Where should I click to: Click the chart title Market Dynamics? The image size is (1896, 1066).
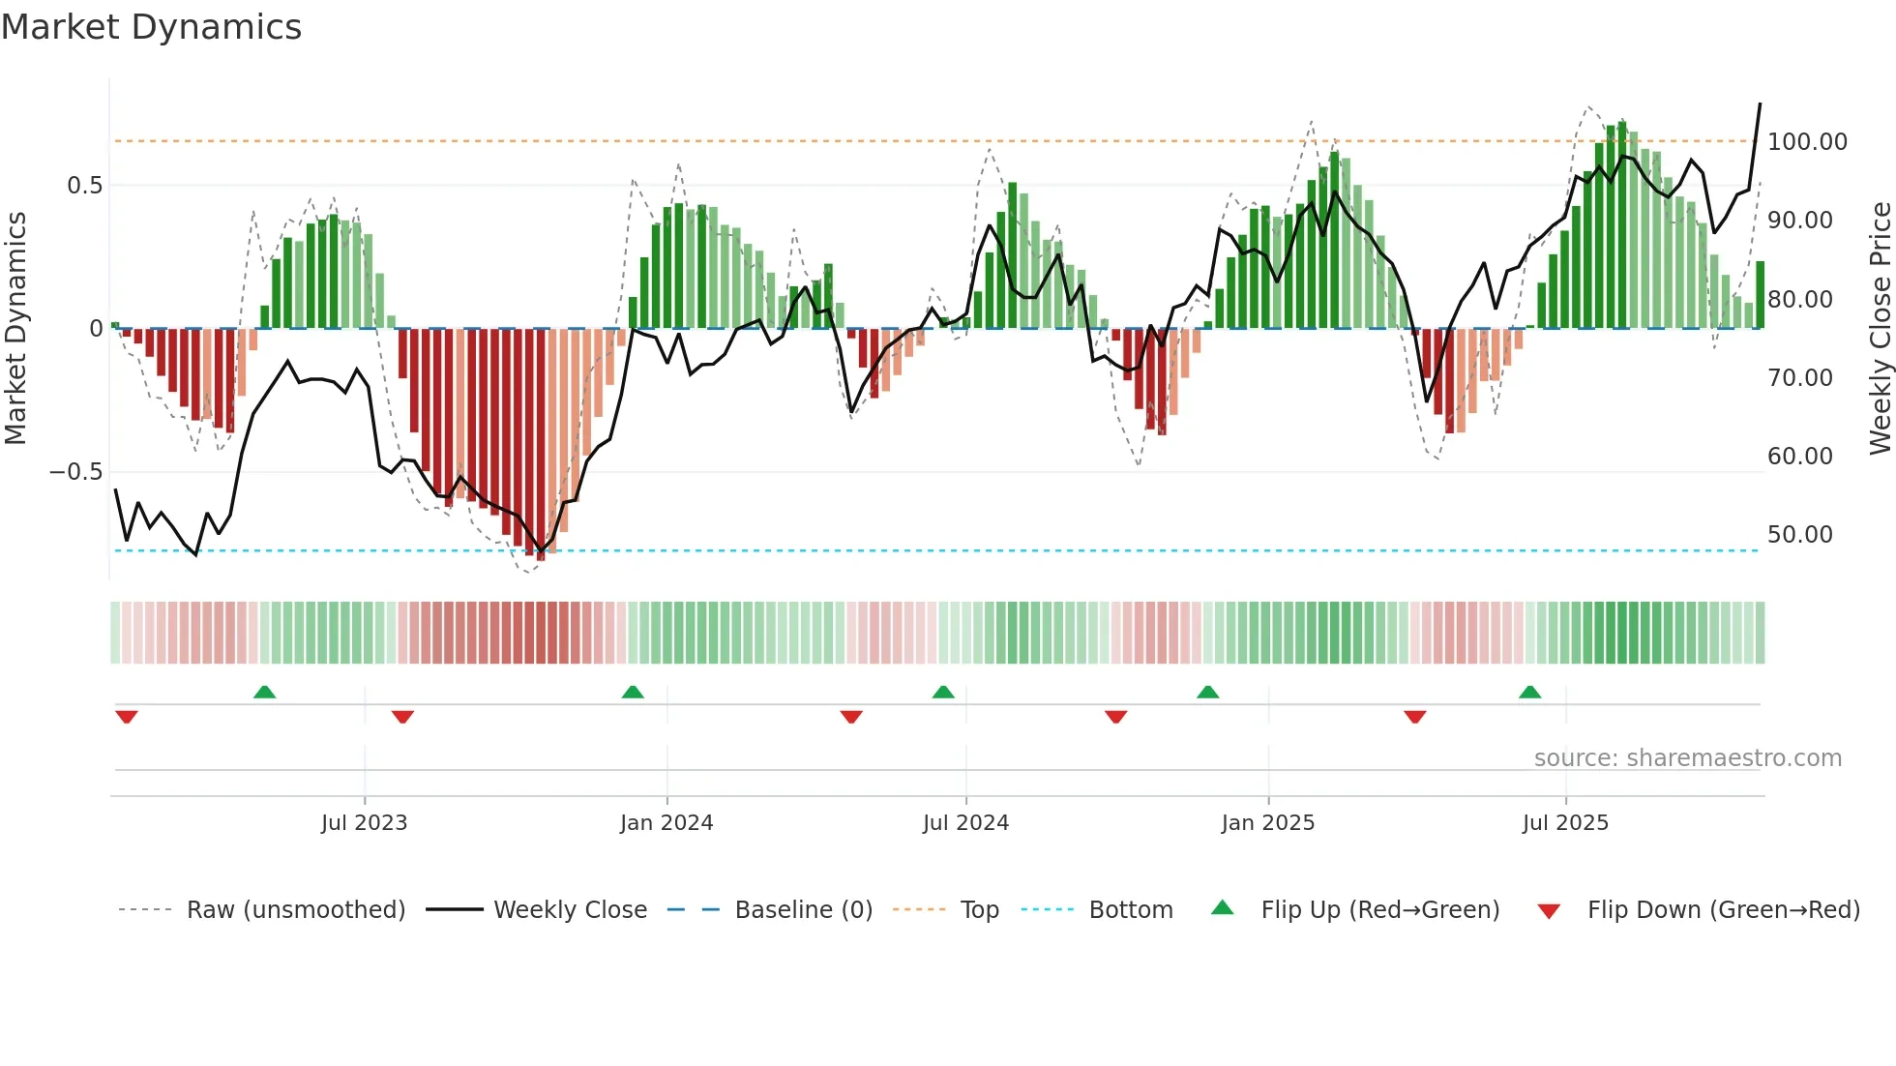[151, 27]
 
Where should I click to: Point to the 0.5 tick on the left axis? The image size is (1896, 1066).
[84, 186]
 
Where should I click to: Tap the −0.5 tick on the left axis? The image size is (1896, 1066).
[75, 472]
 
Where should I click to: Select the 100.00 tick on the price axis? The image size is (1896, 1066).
[1807, 142]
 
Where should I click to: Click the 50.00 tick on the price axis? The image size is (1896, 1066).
[1799, 535]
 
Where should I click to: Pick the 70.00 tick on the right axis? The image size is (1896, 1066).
[1799, 378]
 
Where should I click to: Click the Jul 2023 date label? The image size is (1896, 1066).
[364, 823]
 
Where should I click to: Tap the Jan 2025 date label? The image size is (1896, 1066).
[1267, 823]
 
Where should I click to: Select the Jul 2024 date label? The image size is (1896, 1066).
[965, 823]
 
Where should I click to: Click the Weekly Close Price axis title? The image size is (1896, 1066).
[1880, 329]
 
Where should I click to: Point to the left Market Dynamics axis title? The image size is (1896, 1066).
[15, 329]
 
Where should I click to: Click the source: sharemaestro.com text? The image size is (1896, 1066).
[1687, 758]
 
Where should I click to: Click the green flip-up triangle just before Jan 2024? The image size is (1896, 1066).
[633, 693]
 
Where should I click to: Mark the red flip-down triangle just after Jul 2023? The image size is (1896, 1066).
[402, 717]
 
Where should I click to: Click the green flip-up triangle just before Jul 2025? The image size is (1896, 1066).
[1529, 693]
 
